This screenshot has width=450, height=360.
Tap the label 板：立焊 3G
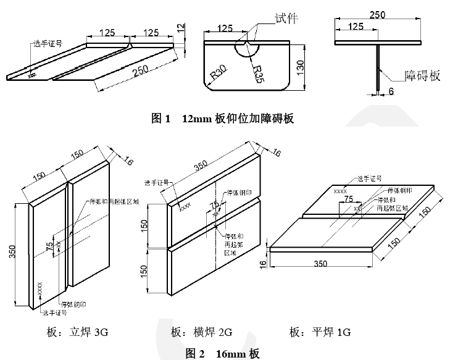point(77,333)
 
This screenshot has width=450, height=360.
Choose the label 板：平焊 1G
point(320,333)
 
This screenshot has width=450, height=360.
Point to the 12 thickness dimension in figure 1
point(180,28)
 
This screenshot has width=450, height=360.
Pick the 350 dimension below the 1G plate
point(320,264)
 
